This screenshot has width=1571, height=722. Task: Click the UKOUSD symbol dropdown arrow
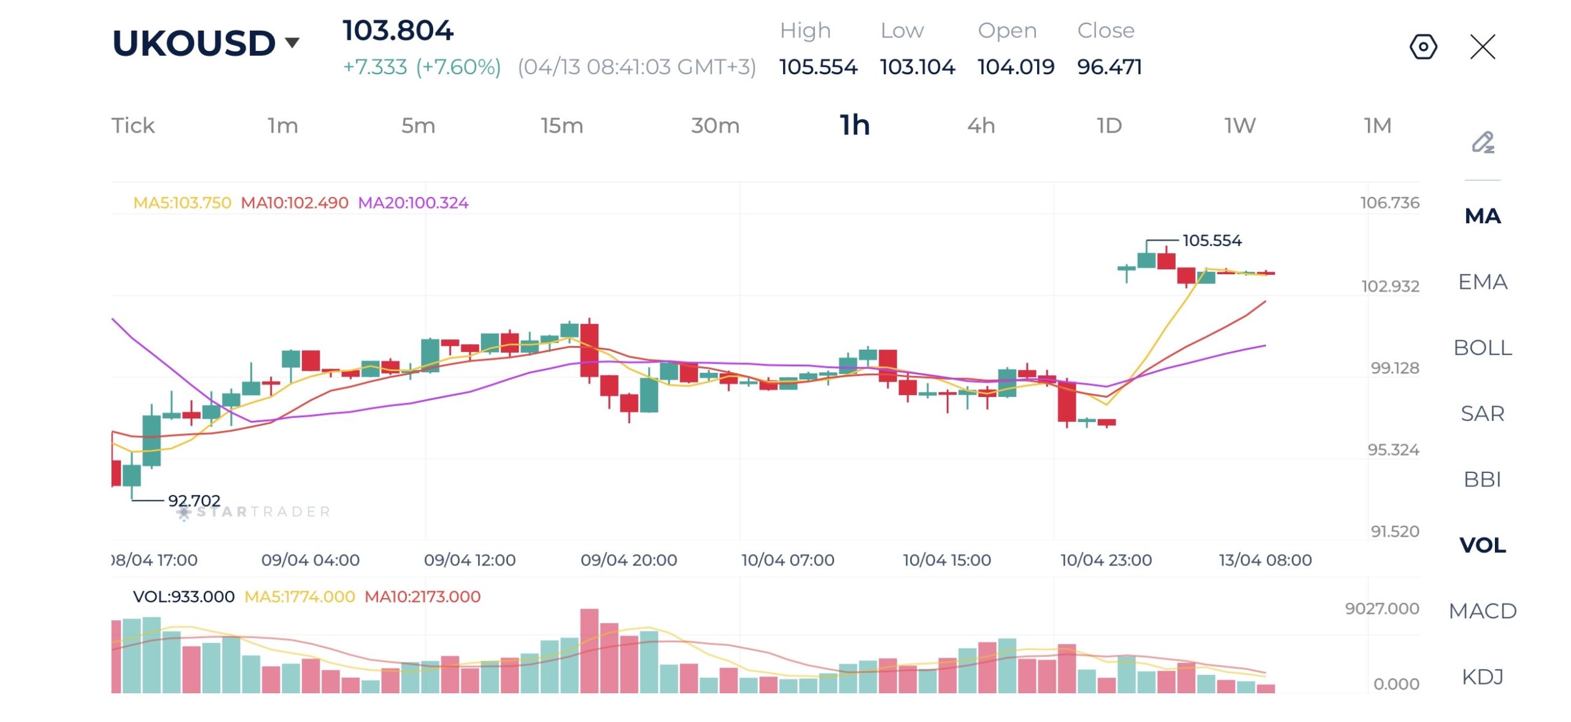(x=292, y=42)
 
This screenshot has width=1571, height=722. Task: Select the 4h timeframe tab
(x=981, y=126)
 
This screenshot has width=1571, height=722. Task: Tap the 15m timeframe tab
(x=562, y=126)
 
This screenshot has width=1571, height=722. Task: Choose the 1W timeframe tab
(x=1240, y=126)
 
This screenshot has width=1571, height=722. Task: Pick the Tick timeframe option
(x=133, y=126)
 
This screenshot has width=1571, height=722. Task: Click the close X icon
(x=1483, y=47)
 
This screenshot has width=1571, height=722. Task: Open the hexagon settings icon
(x=1423, y=47)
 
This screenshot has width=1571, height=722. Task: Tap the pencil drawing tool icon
(x=1483, y=142)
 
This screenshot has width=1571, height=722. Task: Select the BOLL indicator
(x=1482, y=348)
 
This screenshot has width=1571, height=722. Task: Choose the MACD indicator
(x=1482, y=611)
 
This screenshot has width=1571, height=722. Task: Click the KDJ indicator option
(x=1482, y=677)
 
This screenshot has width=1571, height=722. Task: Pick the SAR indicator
(x=1482, y=413)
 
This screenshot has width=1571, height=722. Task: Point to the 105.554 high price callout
(x=1211, y=240)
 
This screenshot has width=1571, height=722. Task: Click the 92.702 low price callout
(x=194, y=501)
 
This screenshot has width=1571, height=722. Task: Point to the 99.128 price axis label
(x=1395, y=368)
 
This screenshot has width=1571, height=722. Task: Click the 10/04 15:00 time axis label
(x=946, y=560)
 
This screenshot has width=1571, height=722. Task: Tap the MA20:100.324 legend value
(x=413, y=203)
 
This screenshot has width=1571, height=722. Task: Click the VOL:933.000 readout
(x=183, y=597)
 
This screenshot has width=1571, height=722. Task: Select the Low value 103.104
(x=917, y=67)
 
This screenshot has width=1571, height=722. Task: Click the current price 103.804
(x=398, y=31)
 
